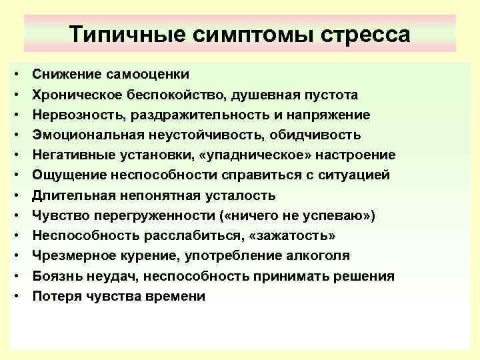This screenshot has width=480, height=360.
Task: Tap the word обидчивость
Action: pyautogui.click(x=314, y=135)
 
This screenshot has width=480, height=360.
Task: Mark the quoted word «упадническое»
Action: pyautogui.click(x=244, y=155)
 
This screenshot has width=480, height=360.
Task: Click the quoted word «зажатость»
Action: pyautogui.click(x=293, y=236)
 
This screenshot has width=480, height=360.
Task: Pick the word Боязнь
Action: pyautogui.click(x=57, y=276)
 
